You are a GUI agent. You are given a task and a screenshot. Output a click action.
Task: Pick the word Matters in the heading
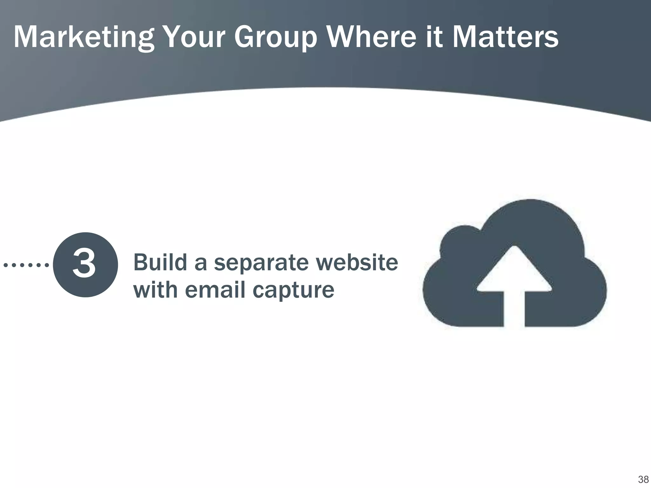505,37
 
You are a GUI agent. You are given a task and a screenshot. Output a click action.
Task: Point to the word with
155,290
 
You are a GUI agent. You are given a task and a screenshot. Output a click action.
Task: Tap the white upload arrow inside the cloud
514,280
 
